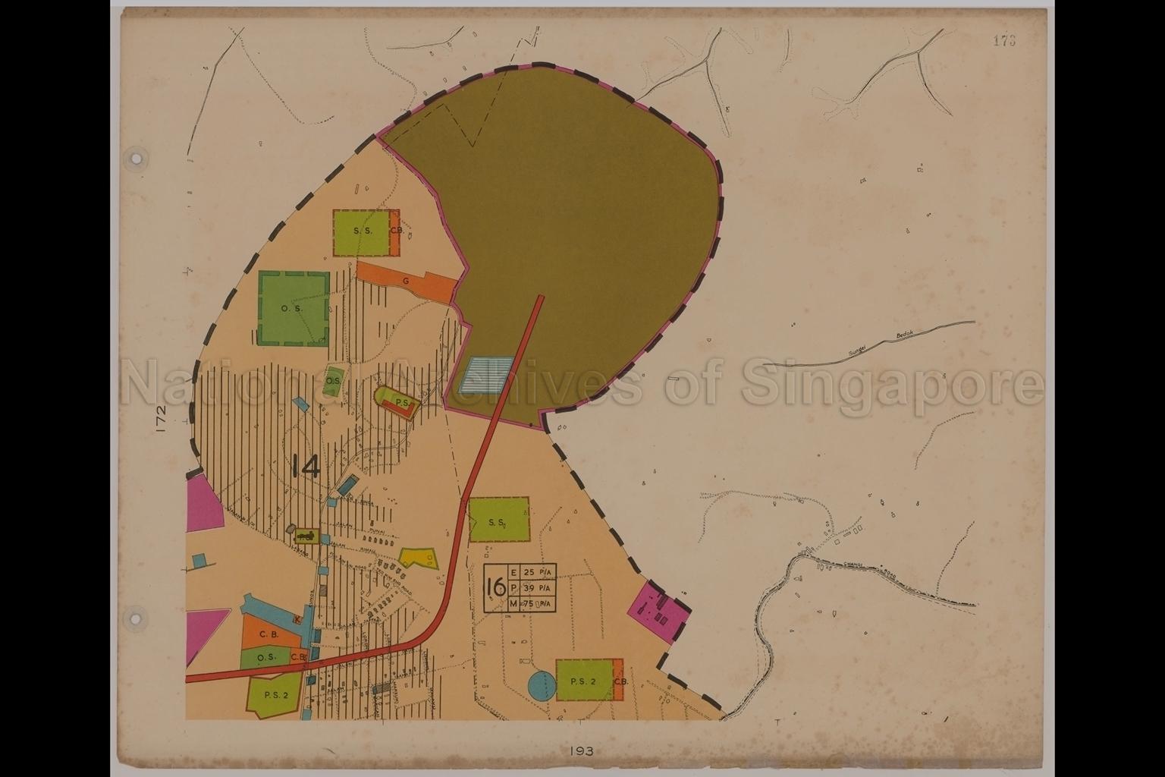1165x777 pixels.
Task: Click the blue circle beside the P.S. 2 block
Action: [542, 686]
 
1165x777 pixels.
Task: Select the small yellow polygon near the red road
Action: [419, 558]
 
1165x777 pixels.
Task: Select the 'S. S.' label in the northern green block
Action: [362, 231]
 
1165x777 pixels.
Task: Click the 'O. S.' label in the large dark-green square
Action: [292, 309]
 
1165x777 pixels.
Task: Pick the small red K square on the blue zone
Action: [299, 620]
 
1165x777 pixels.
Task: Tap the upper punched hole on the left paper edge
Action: [137, 159]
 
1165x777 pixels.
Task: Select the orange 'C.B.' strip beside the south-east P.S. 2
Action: [619, 681]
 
